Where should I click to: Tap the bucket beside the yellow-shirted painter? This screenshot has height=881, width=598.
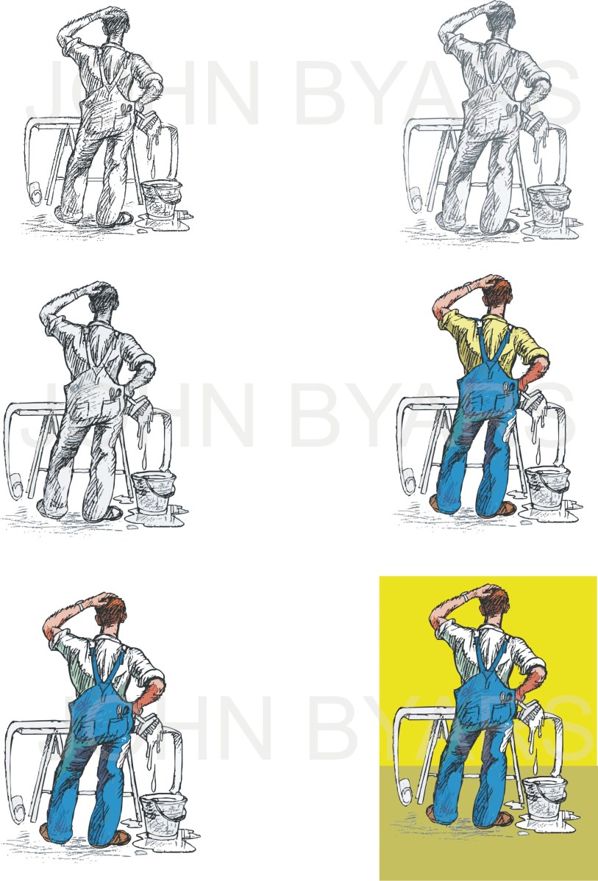pyautogui.click(x=547, y=488)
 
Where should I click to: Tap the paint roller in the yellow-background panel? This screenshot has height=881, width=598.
pyautogui.click(x=405, y=793)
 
